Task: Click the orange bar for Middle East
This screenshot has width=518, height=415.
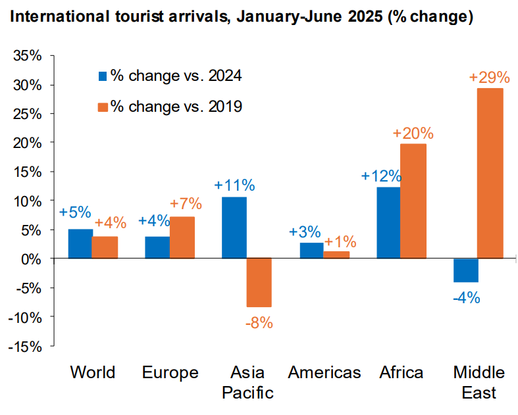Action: pos(490,173)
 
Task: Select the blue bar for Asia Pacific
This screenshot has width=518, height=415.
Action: pos(234,228)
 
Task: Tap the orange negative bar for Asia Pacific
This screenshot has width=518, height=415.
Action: pos(259,282)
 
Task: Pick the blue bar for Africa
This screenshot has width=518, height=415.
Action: pos(388,223)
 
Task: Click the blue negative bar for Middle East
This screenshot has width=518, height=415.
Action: pos(465,270)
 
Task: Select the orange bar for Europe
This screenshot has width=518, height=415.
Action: pos(182,237)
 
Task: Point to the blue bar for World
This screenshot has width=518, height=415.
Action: pos(80,243)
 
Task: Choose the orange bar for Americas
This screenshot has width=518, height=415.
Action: pos(336,255)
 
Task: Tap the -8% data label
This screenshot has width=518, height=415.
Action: pos(259,323)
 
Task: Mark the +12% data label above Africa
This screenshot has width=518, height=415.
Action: pos(381,176)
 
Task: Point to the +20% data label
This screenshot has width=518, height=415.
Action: pos(413,133)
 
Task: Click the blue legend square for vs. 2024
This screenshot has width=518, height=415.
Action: pos(102,75)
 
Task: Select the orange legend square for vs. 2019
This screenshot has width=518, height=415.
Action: pos(102,106)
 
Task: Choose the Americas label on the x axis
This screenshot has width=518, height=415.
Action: pos(324,373)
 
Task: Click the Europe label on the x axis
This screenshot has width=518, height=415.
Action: pos(170,373)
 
